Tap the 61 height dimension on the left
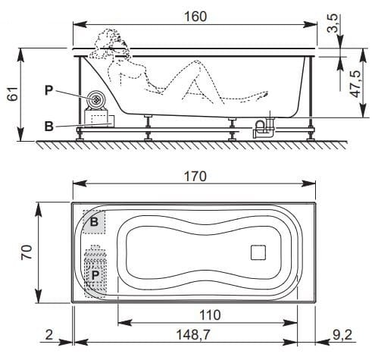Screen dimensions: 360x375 coord(11,95)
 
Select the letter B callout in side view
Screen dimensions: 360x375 coord(48,126)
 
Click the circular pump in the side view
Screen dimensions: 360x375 coord(97,99)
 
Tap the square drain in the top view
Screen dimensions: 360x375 coord(258,252)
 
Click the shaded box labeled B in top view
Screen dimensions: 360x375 coord(95,222)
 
